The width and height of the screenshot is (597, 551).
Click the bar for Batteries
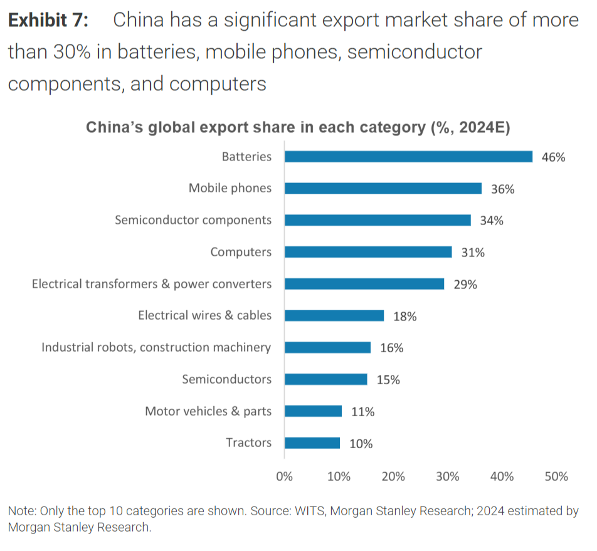[408, 157]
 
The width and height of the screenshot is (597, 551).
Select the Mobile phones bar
[383, 188]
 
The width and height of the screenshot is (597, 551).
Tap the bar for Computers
[368, 252]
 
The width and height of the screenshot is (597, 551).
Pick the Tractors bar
[312, 443]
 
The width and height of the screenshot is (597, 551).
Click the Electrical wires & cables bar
[334, 316]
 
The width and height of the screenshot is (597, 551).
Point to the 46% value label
[553, 157]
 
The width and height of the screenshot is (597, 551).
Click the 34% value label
[492, 221]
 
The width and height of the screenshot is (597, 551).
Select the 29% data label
[465, 285]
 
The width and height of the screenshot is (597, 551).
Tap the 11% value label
[362, 412]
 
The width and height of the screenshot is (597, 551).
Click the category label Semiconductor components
[193, 220]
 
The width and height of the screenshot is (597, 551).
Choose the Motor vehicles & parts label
[208, 411]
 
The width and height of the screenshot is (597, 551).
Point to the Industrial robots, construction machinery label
[156, 347]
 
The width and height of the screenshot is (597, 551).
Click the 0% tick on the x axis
[285, 476]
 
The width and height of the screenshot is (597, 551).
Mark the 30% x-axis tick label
[448, 476]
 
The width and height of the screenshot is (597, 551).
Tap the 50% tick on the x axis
[556, 476]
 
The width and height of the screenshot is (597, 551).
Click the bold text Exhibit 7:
[48, 21]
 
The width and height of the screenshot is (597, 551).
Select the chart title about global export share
[298, 127]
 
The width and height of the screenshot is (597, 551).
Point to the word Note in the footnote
[21, 511]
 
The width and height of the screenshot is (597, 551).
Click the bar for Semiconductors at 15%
[326, 379]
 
